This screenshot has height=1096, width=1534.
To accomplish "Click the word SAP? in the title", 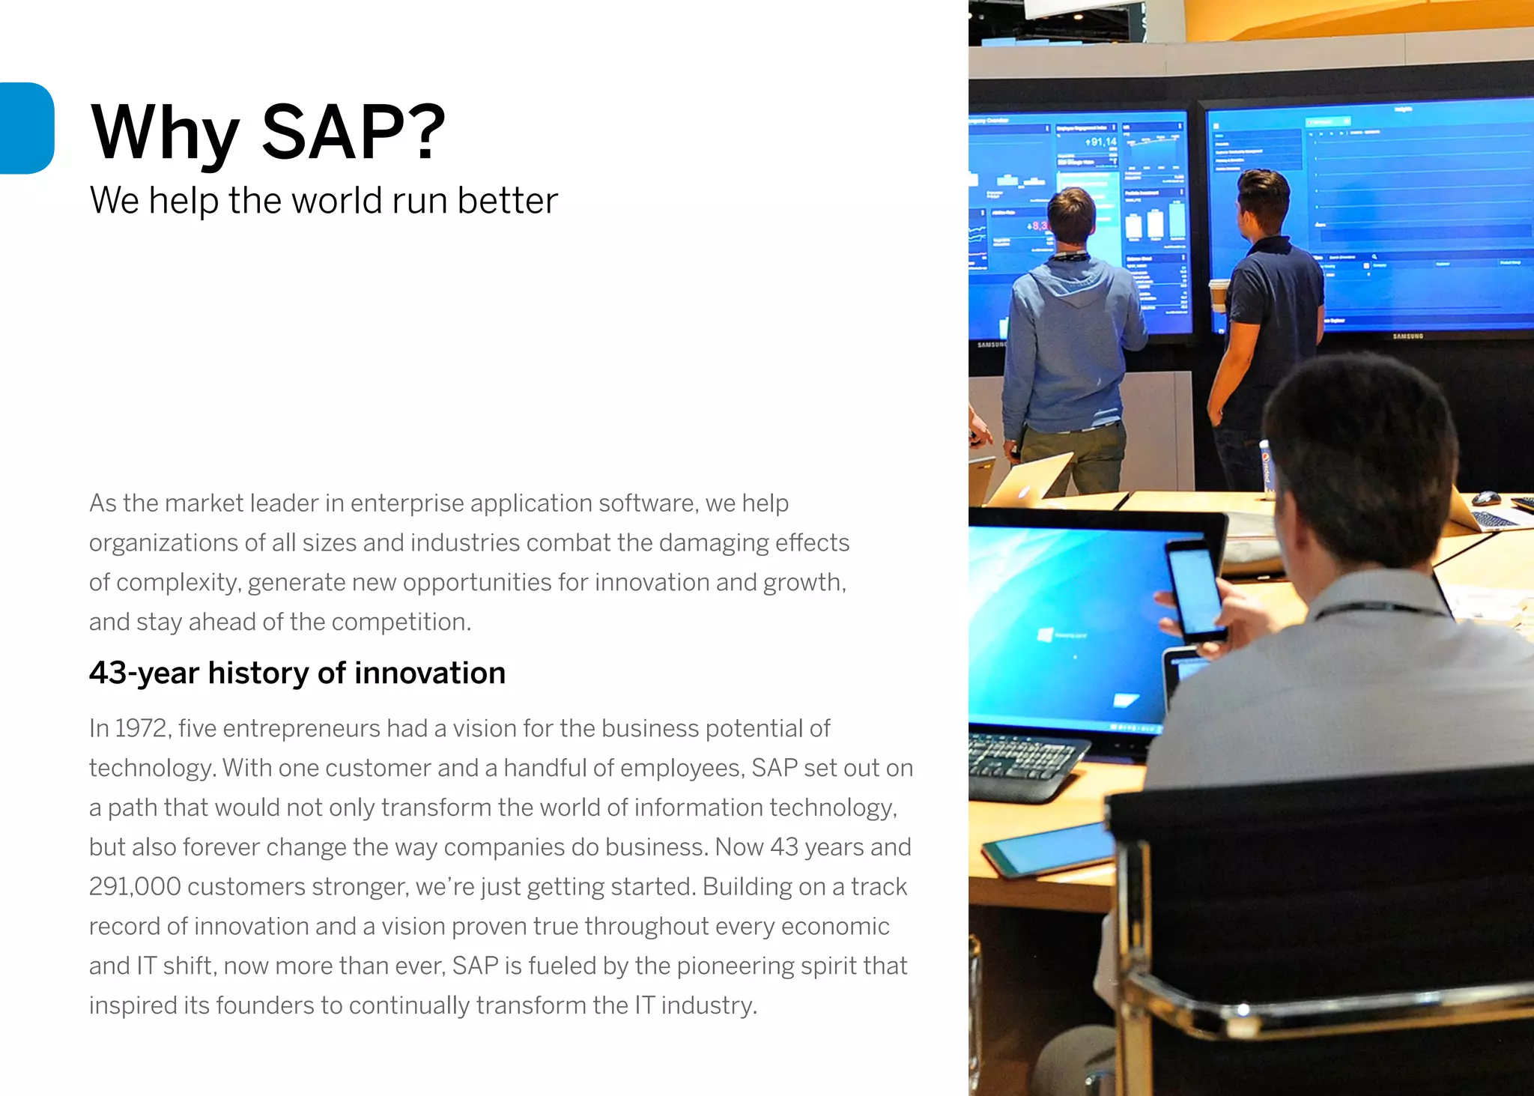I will tap(354, 133).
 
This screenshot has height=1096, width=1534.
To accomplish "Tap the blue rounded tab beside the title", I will tap(27, 128).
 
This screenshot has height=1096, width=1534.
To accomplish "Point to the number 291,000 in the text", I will tap(135, 886).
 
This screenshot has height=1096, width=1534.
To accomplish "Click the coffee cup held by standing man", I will tap(1219, 295).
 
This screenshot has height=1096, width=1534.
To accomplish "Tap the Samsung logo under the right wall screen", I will tap(1407, 336).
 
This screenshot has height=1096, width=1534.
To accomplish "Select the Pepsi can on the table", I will tap(1266, 468).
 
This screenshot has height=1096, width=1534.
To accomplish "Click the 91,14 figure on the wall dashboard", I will tap(1100, 142).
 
